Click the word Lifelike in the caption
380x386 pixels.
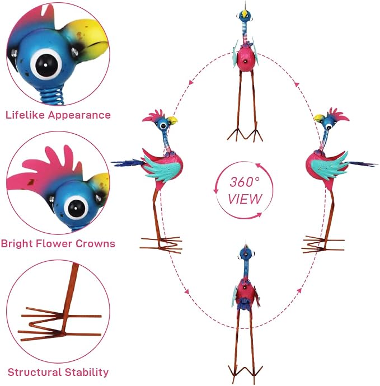coord(25,115)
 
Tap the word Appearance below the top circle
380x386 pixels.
coord(79,115)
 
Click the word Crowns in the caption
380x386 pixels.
coord(95,244)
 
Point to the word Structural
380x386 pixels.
coord(34,372)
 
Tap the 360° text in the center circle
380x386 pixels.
coord(245,182)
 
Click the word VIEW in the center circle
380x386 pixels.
coord(245,199)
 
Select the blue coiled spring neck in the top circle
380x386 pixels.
coord(51,95)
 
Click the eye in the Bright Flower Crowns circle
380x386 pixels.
coord(76,208)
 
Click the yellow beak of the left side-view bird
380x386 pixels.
coord(172,120)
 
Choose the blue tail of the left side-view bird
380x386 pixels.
coord(128,163)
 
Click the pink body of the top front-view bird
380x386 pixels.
coord(245,59)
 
